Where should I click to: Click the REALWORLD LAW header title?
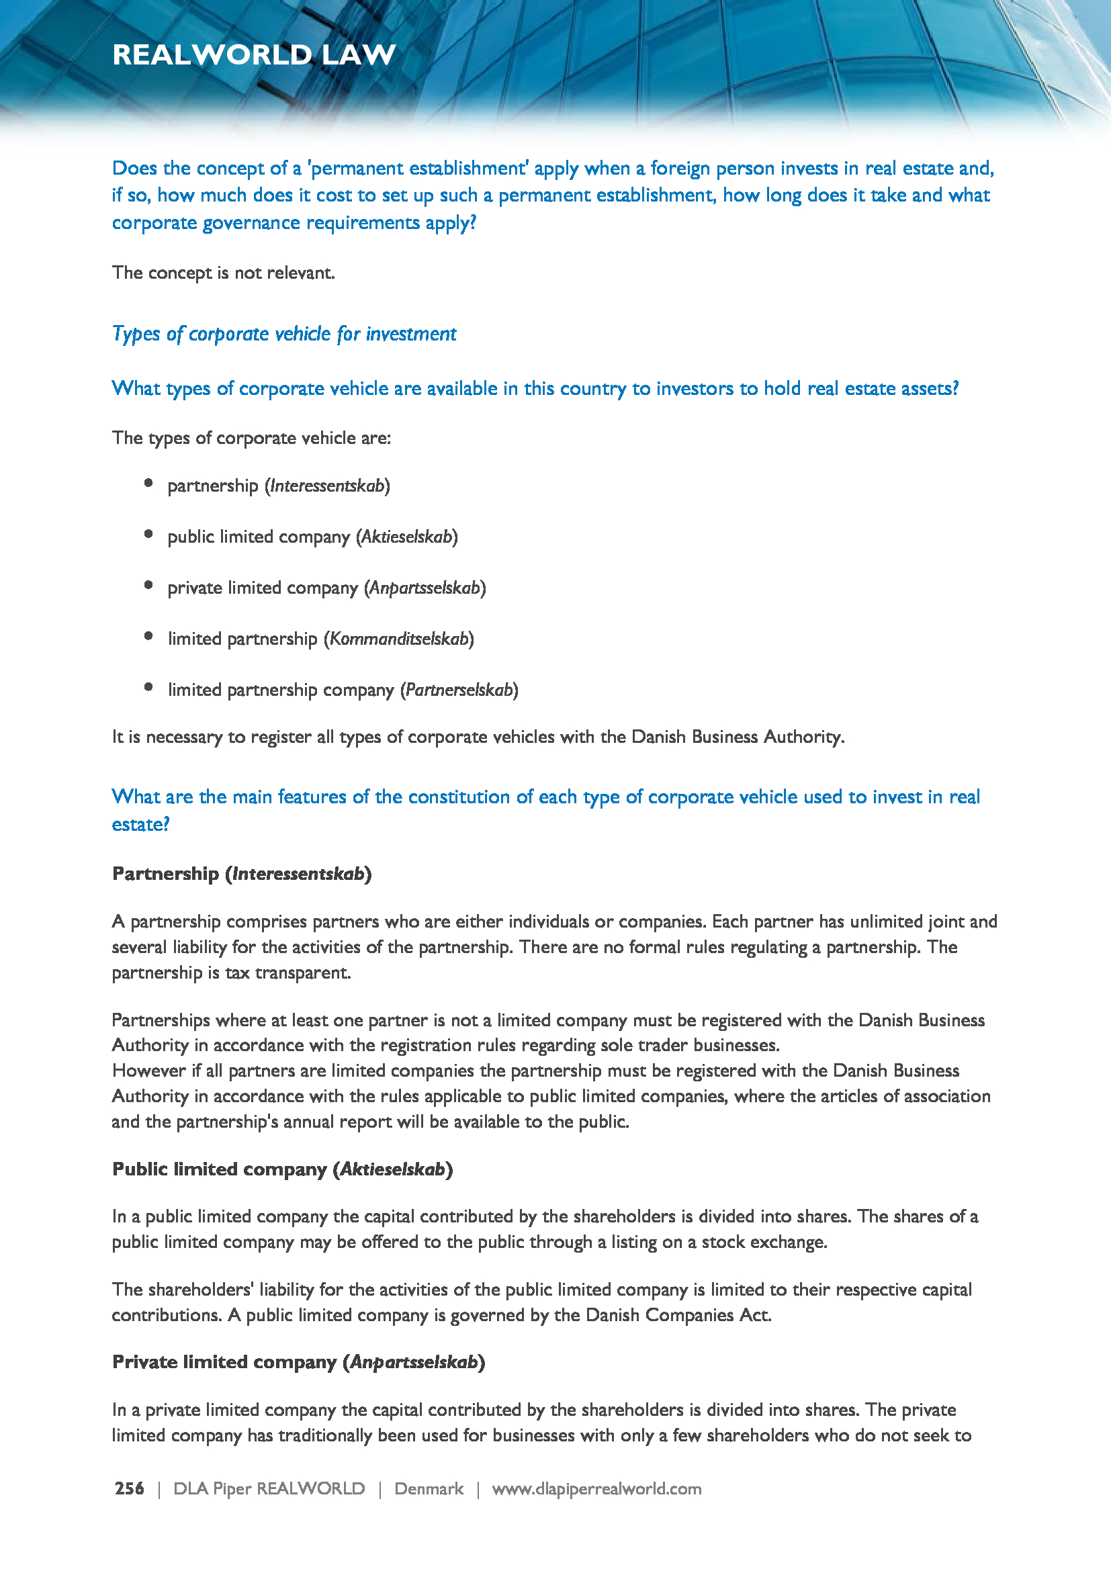pyautogui.click(x=254, y=54)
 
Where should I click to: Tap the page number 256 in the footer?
pyautogui.click(x=129, y=1488)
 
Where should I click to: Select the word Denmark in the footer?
pyautogui.click(x=429, y=1488)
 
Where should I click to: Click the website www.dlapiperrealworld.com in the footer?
pyautogui.click(x=596, y=1488)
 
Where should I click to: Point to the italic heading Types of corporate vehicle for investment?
pyautogui.click(x=284, y=334)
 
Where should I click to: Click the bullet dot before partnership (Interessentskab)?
pyautogui.click(x=148, y=483)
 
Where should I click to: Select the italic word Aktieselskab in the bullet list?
pyautogui.click(x=407, y=537)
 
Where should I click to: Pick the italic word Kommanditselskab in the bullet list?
pyautogui.click(x=399, y=638)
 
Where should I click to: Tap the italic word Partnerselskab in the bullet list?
pyautogui.click(x=459, y=690)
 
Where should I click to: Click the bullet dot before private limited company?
pyautogui.click(x=148, y=585)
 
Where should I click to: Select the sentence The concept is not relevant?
pyautogui.click(x=224, y=273)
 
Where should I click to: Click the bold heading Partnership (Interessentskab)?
pyautogui.click(x=242, y=874)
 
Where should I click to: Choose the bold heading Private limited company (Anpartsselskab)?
pyautogui.click(x=298, y=1361)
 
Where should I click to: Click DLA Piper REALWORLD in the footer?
pyautogui.click(x=269, y=1488)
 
